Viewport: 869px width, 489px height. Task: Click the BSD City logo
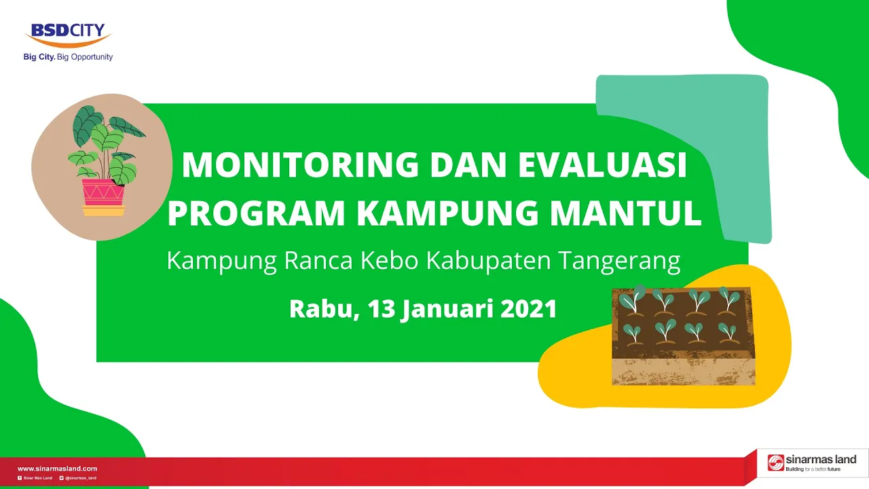[x=69, y=35]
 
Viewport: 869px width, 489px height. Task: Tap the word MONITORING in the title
[x=300, y=165]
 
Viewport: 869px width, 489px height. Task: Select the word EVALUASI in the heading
[x=602, y=165]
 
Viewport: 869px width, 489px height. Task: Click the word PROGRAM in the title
[x=256, y=213]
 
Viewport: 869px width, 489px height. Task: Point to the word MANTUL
[x=626, y=213]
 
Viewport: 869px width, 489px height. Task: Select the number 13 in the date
[x=382, y=309]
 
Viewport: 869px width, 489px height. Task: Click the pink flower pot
[x=103, y=192]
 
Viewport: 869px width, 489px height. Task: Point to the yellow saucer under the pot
[x=104, y=211]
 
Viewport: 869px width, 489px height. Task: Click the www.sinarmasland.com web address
[x=58, y=469]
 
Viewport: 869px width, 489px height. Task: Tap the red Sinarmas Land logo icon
[x=775, y=463]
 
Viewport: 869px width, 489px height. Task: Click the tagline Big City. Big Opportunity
[x=69, y=57]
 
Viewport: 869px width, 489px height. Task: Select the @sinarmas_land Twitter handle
[x=81, y=478]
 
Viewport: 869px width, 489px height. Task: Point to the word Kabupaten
[x=488, y=261]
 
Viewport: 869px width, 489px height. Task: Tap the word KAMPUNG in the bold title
[x=447, y=213]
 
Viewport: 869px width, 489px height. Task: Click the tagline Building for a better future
[x=813, y=469]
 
